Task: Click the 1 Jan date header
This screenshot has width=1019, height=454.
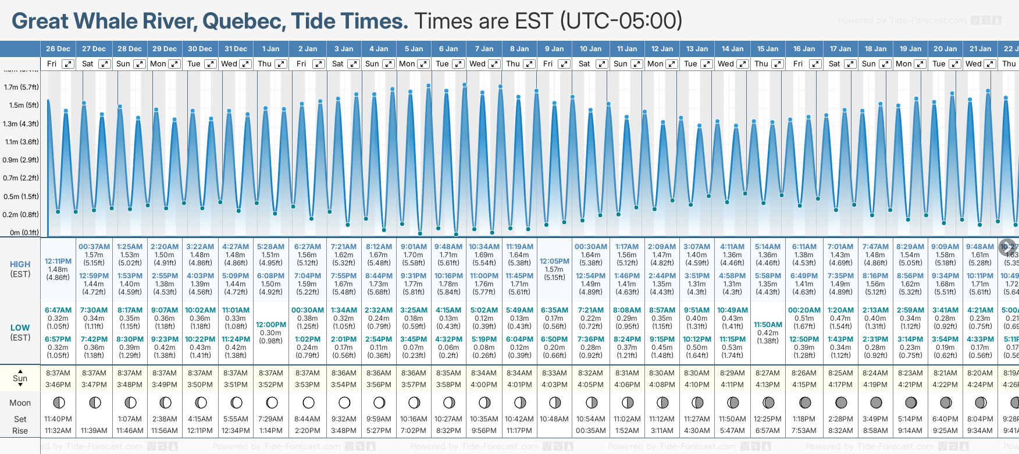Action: pyautogui.click(x=270, y=49)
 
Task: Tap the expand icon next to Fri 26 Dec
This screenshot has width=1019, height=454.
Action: pyautogui.click(x=68, y=64)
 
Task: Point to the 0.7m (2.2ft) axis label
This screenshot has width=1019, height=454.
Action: pyautogui.click(x=21, y=178)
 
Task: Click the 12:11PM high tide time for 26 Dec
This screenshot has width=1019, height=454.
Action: pyautogui.click(x=58, y=261)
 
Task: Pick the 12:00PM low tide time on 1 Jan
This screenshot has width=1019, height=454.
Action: pyautogui.click(x=271, y=325)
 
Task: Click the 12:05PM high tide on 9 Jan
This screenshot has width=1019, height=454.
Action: pyautogui.click(x=554, y=261)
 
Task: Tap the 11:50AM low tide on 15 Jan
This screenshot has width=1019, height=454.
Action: pyautogui.click(x=768, y=325)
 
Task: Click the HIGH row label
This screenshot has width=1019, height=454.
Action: pyautogui.click(x=20, y=264)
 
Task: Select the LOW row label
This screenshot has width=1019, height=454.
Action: pyautogui.click(x=20, y=328)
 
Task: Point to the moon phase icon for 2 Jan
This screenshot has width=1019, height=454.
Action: pyautogui.click(x=308, y=402)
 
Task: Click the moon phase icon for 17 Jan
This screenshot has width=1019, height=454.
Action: pyautogui.click(x=840, y=402)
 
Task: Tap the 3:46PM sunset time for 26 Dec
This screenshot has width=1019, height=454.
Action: pyautogui.click(x=58, y=385)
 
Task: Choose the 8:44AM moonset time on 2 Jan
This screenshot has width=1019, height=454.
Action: pyautogui.click(x=307, y=419)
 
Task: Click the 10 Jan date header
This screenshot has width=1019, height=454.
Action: pyautogui.click(x=590, y=49)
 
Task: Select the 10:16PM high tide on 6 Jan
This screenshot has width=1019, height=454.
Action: pyautogui.click(x=448, y=276)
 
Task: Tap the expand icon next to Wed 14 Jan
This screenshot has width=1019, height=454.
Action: pyautogui.click(x=742, y=64)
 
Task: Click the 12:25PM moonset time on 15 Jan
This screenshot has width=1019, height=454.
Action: pyautogui.click(x=768, y=419)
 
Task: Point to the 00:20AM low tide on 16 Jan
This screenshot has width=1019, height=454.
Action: pyautogui.click(x=804, y=310)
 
